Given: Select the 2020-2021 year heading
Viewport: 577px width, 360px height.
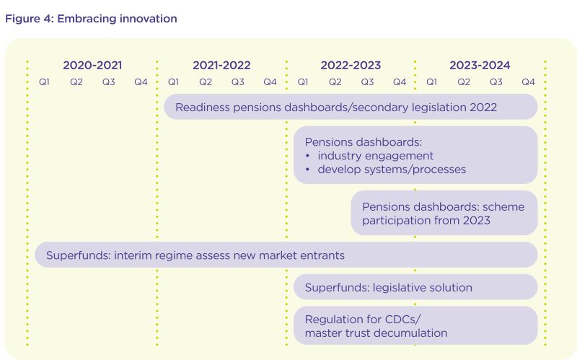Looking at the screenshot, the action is pos(92,66).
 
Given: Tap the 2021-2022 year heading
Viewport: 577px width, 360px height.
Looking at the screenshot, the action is pos(221,66).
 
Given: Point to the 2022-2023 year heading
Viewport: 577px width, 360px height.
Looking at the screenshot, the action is pos(351,66).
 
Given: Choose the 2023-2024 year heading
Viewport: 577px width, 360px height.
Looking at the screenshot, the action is pos(480,66).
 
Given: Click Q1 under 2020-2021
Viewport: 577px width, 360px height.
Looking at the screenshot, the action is pos(44,82).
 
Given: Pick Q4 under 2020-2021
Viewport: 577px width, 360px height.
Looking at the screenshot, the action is pos(141,82).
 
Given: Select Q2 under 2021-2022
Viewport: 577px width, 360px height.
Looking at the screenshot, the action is pos(206,82).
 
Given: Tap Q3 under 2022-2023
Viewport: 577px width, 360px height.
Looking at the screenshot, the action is pos(367,82).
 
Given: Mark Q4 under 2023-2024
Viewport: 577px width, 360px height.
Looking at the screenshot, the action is pos(529,82).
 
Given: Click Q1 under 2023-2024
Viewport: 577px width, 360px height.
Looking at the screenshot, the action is pos(431,82).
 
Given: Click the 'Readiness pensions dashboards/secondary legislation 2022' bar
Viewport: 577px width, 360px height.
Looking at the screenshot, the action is pos(351,107).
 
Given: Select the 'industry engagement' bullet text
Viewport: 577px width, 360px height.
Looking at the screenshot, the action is pos(375,156).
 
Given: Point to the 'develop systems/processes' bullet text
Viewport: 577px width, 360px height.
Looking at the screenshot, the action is pos(392,170).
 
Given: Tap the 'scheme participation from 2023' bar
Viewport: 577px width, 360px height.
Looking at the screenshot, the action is pos(444,213).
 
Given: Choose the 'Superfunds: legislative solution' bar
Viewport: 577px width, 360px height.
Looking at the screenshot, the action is pos(415,287).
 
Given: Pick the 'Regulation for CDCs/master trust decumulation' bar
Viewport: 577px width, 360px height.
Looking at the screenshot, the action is pos(415,326).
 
